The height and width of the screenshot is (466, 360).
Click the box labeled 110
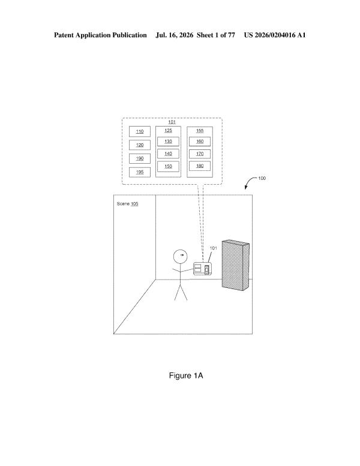pyautogui.click(x=139, y=131)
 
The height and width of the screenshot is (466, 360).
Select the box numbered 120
pyautogui.click(x=139, y=145)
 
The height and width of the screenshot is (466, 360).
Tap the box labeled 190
pyautogui.click(x=139, y=158)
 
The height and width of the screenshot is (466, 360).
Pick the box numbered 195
pyautogui.click(x=139, y=172)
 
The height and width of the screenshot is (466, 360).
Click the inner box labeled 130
pyautogui.click(x=168, y=142)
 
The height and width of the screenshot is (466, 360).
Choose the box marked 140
pyautogui.click(x=168, y=154)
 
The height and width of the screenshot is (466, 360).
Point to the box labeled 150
pyautogui.click(x=168, y=167)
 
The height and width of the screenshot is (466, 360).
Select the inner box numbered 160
pyautogui.click(x=200, y=142)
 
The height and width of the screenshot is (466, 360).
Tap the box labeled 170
pyautogui.click(x=200, y=154)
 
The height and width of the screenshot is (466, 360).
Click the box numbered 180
pyautogui.click(x=200, y=166)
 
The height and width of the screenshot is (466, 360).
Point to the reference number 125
pyautogui.click(x=168, y=131)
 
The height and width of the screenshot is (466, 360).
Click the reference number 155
pyautogui.click(x=200, y=131)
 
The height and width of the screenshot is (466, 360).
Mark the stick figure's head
pyautogui.click(x=181, y=257)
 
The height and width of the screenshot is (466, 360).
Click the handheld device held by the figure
pyautogui.click(x=202, y=269)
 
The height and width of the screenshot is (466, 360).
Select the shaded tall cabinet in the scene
pyautogui.click(x=236, y=265)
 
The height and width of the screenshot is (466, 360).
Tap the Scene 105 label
pyautogui.click(x=128, y=203)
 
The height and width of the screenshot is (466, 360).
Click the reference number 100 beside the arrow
pyautogui.click(x=262, y=178)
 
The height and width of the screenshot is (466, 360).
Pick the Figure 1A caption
pyautogui.click(x=186, y=375)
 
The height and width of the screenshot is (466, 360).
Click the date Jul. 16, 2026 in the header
pyautogui.click(x=175, y=35)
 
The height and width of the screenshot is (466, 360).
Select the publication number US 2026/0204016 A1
pyautogui.click(x=275, y=35)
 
